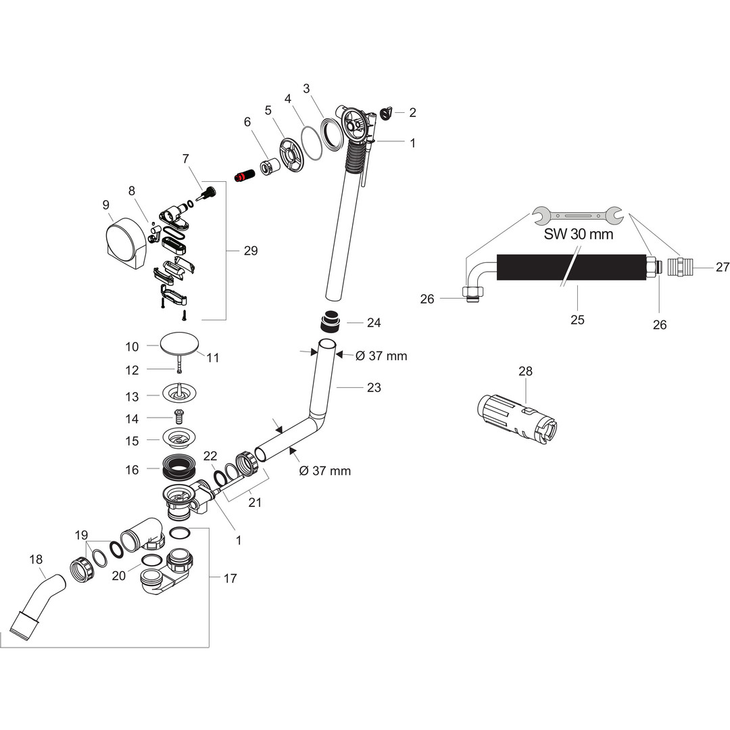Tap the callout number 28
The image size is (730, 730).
click(x=526, y=371)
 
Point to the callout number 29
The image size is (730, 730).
click(x=251, y=251)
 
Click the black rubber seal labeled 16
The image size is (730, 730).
click(x=179, y=467)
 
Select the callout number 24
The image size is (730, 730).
click(x=374, y=323)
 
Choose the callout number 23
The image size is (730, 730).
click(x=374, y=387)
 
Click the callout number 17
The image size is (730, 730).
click(x=230, y=579)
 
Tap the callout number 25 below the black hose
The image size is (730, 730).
click(x=577, y=320)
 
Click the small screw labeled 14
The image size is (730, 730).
click(x=180, y=418)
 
